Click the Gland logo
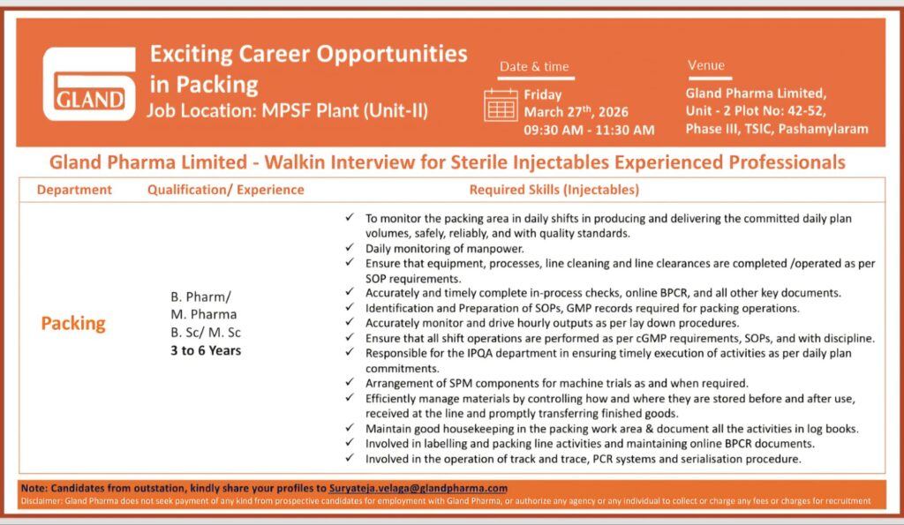[x=89, y=83]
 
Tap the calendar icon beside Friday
[x=501, y=104]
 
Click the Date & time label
[x=534, y=66]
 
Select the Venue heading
[x=705, y=65]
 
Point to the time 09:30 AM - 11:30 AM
[x=589, y=130]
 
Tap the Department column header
[x=74, y=190]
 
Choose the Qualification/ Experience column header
[x=225, y=190]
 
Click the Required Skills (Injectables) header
[x=554, y=190]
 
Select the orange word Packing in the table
[x=73, y=324]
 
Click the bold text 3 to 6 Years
[x=206, y=350]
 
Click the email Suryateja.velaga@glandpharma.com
[x=418, y=488]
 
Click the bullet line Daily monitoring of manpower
[x=438, y=249]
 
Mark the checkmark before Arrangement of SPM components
[x=351, y=383]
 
